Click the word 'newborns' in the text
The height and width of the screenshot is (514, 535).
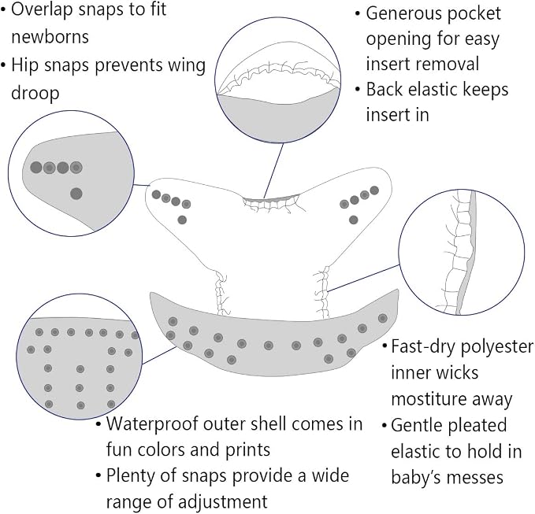[50, 36]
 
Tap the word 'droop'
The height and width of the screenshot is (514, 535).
[35, 93]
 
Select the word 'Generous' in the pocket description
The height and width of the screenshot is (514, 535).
[404, 14]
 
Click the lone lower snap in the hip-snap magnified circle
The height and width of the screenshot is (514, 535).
[76, 194]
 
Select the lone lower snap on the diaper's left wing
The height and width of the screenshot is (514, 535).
[182, 220]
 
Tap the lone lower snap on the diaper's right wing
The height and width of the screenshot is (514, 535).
[354, 220]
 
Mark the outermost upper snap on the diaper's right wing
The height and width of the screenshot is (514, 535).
[374, 190]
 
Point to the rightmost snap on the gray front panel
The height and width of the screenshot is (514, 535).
[382, 318]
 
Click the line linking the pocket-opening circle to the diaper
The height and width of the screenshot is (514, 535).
[273, 171]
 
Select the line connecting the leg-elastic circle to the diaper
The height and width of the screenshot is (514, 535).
[363, 278]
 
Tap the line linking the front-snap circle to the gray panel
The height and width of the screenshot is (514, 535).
[159, 356]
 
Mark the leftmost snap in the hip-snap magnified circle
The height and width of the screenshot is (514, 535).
[36, 168]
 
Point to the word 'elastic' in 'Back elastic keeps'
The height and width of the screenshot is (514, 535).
[429, 90]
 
